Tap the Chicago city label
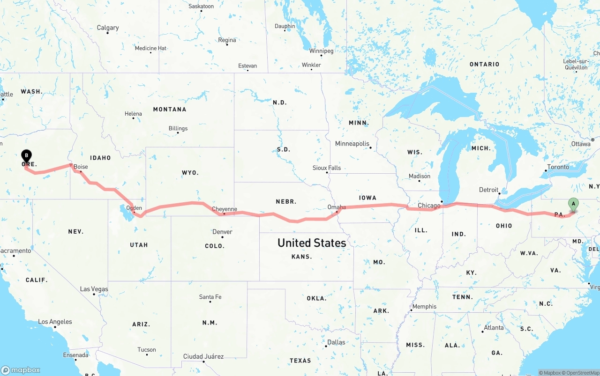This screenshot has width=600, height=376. point(429,206)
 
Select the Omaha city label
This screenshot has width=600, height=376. point(337,207)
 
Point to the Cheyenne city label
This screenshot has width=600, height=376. point(225,209)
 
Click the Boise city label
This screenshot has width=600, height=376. point(81,167)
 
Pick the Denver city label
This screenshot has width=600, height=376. point(222,232)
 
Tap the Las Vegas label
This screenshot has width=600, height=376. point(94,289)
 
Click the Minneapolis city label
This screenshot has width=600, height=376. point(352,144)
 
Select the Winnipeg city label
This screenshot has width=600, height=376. point(321,51)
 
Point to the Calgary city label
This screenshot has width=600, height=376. point(108,28)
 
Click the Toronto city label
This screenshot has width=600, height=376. point(558,167)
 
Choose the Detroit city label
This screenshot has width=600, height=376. point(488,190)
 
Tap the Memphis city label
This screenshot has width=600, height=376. point(424,307)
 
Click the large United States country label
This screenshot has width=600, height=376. point(312,243)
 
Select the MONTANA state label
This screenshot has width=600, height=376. point(170,109)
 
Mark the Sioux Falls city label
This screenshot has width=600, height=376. point(327,168)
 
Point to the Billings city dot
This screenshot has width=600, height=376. point(178,133)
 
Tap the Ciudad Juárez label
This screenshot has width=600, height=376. point(203,356)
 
